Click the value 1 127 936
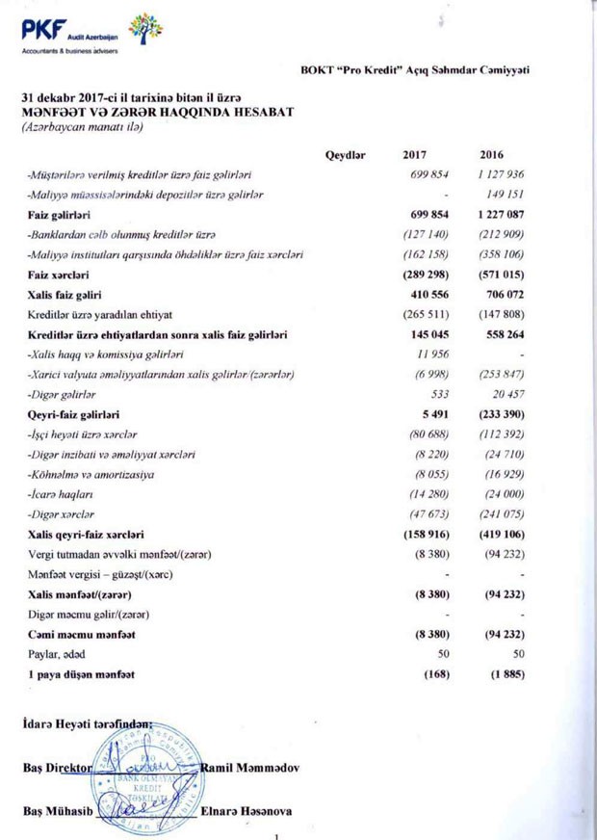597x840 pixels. tap(499, 174)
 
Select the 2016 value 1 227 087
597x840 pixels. tap(498, 215)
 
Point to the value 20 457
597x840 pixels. tap(506, 394)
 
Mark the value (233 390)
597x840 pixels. tap(499, 414)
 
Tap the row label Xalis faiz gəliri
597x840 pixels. tap(66, 294)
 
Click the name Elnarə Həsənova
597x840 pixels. tap(247, 811)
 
